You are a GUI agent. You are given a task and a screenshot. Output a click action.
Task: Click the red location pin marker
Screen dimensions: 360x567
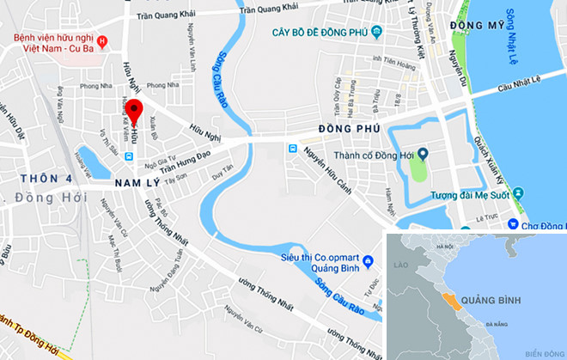[134, 119]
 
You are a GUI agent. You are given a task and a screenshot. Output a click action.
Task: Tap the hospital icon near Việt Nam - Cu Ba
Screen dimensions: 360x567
[103, 40]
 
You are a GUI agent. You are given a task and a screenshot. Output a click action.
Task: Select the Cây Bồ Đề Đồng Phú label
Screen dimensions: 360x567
[324, 34]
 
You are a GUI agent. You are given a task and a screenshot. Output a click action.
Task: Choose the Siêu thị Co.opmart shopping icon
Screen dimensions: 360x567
[367, 259]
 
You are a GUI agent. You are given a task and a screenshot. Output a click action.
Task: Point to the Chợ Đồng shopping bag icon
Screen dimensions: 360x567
[513, 225]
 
